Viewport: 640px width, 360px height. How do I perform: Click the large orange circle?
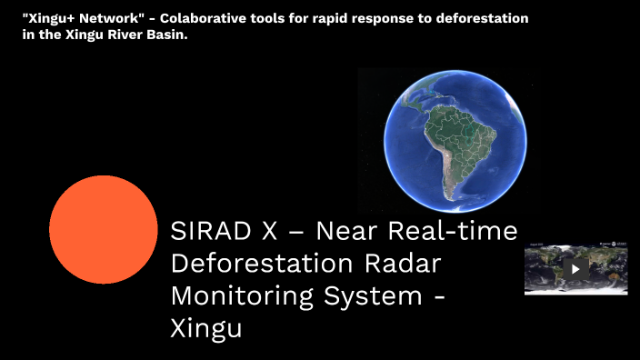pyautogui.click(x=104, y=230)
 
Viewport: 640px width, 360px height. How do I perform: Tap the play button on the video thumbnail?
pyautogui.click(x=575, y=268)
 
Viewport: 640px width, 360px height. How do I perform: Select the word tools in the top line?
pyautogui.click(x=269, y=18)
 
